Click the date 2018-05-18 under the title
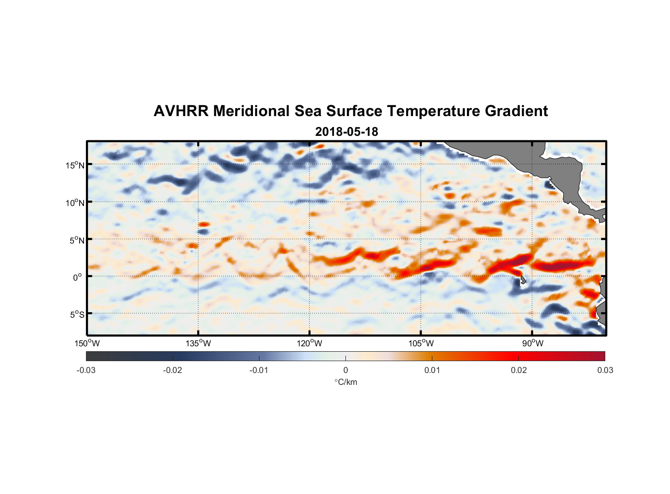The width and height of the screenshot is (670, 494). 346,132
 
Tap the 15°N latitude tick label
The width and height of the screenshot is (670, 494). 75,165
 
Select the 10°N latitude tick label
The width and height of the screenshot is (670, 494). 75,203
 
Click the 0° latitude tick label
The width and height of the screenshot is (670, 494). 77,278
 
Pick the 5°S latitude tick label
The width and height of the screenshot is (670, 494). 77,315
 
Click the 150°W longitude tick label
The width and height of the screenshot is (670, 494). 87,343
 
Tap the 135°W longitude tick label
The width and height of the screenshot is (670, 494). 198,343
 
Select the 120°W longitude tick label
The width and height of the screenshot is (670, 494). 310,343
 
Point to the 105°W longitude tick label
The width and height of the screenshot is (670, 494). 421,343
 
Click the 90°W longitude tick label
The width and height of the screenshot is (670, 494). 533,343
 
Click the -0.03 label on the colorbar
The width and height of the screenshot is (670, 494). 86,370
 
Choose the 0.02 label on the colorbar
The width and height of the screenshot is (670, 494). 519,370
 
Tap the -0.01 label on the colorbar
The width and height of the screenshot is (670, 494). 259,370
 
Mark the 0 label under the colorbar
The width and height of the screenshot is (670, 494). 345,370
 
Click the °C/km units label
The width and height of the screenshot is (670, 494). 346,382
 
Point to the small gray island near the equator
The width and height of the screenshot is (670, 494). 523,280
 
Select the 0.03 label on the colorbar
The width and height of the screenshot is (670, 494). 605,370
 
